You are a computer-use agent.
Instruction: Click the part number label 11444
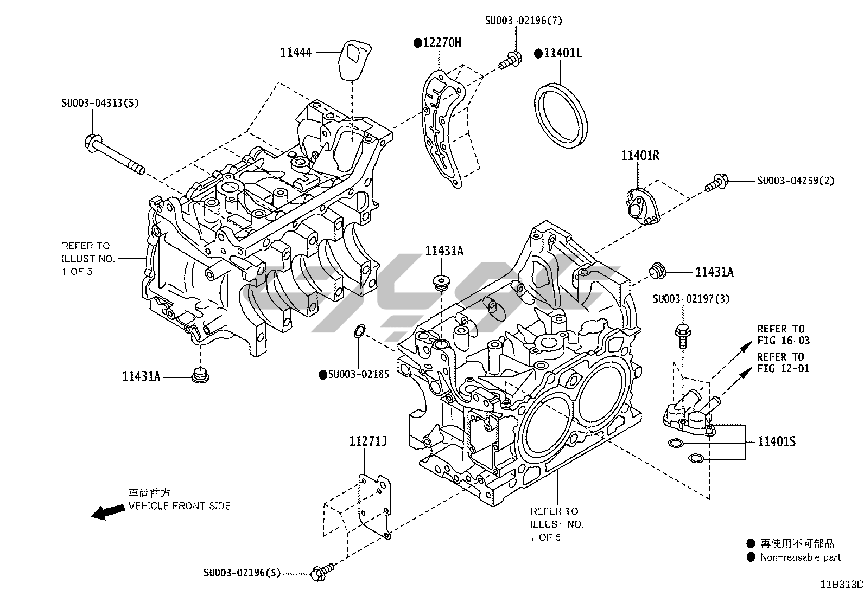coord(296,53)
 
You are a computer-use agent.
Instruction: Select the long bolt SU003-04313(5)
coord(114,154)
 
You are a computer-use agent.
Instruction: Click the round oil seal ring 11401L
coord(561,114)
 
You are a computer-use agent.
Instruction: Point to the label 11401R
coord(640,156)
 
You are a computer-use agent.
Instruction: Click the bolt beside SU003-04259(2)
coord(716,182)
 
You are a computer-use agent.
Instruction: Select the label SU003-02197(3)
coord(691,299)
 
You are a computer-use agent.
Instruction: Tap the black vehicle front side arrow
coord(107,512)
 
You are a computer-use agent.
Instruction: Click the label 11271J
coord(367,442)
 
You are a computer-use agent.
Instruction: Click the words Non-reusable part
coord(801,557)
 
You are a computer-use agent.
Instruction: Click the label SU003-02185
coord(358,374)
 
